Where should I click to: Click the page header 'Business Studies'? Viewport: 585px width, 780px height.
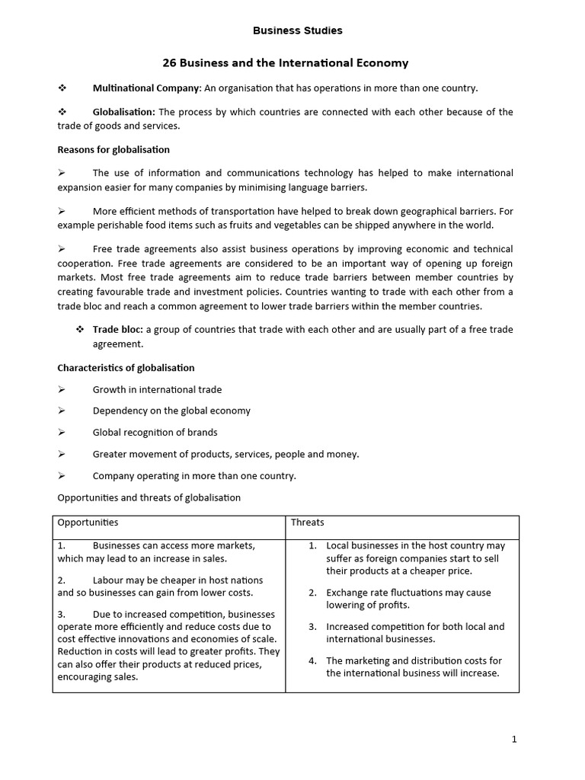(297, 30)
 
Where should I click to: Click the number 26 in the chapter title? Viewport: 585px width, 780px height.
(169, 63)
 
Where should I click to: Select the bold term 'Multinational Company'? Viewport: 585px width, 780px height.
(145, 88)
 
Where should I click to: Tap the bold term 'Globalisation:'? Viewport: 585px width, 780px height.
(123, 112)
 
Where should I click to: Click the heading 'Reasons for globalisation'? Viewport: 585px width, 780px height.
(113, 149)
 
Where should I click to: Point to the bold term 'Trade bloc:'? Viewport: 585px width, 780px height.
(117, 329)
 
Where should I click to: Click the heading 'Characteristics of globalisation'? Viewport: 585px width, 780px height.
(126, 368)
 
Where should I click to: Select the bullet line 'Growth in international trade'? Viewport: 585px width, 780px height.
(157, 389)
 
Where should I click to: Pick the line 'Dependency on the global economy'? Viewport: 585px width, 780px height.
(171, 411)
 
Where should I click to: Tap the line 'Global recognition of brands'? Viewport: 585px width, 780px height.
(155, 432)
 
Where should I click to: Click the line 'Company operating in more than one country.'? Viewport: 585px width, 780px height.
(194, 476)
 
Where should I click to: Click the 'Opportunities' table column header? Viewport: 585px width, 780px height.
(88, 523)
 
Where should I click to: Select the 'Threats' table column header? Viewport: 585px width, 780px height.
(307, 523)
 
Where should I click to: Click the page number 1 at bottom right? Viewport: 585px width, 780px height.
(514, 739)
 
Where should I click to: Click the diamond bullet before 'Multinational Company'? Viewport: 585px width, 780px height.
(62, 88)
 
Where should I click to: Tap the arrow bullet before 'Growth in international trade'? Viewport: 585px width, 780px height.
(62, 389)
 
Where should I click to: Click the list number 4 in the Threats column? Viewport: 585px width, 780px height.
(312, 660)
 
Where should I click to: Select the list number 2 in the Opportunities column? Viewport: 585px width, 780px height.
(62, 580)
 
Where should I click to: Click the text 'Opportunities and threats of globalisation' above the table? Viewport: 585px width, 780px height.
(149, 497)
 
